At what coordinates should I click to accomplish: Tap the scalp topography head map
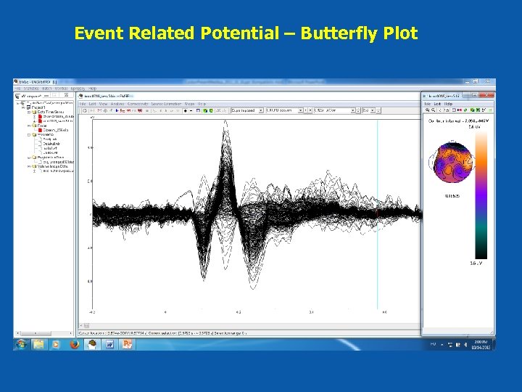(x=452, y=163)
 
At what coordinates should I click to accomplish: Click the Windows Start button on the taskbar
(x=21, y=343)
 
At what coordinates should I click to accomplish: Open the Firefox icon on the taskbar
(x=73, y=343)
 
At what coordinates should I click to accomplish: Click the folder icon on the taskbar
(x=38, y=343)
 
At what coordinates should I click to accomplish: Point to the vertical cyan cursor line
(x=378, y=218)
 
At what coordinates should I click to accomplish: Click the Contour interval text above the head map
(x=455, y=121)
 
